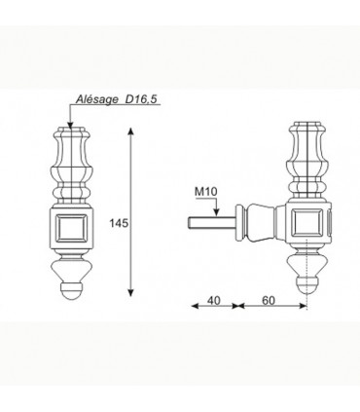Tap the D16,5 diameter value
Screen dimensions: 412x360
click(138, 99)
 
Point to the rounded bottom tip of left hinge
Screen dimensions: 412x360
click(71, 289)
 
